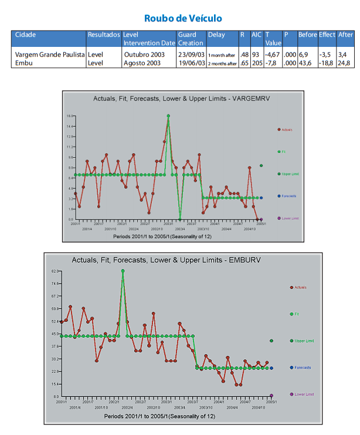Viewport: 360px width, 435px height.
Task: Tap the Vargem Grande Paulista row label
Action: [x=50, y=55]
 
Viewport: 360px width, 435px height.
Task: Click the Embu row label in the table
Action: [x=24, y=63]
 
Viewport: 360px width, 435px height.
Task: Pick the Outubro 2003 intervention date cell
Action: [x=142, y=55]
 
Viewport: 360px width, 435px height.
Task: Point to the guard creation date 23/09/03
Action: [x=191, y=55]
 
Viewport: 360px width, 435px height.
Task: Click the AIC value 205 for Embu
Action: [x=257, y=63]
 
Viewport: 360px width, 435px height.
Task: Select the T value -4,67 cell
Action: [x=273, y=55]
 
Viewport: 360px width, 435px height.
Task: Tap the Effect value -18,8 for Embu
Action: [x=326, y=63]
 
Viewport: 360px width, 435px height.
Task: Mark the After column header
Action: [x=345, y=35]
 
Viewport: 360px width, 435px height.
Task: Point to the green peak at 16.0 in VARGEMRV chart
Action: [x=168, y=115]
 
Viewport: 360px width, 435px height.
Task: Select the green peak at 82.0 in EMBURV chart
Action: [x=123, y=271]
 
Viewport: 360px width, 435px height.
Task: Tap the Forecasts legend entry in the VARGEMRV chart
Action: [x=288, y=196]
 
